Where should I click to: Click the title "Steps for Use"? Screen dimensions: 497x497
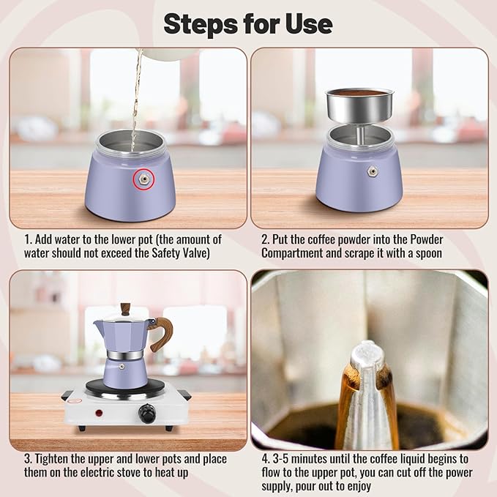[x=247, y=23]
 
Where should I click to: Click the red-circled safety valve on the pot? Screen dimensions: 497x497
[x=143, y=179]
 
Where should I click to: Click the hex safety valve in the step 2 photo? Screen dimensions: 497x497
[x=373, y=171]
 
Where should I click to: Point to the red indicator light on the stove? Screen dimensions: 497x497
[x=98, y=413]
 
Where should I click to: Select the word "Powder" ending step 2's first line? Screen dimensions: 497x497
[x=423, y=239]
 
